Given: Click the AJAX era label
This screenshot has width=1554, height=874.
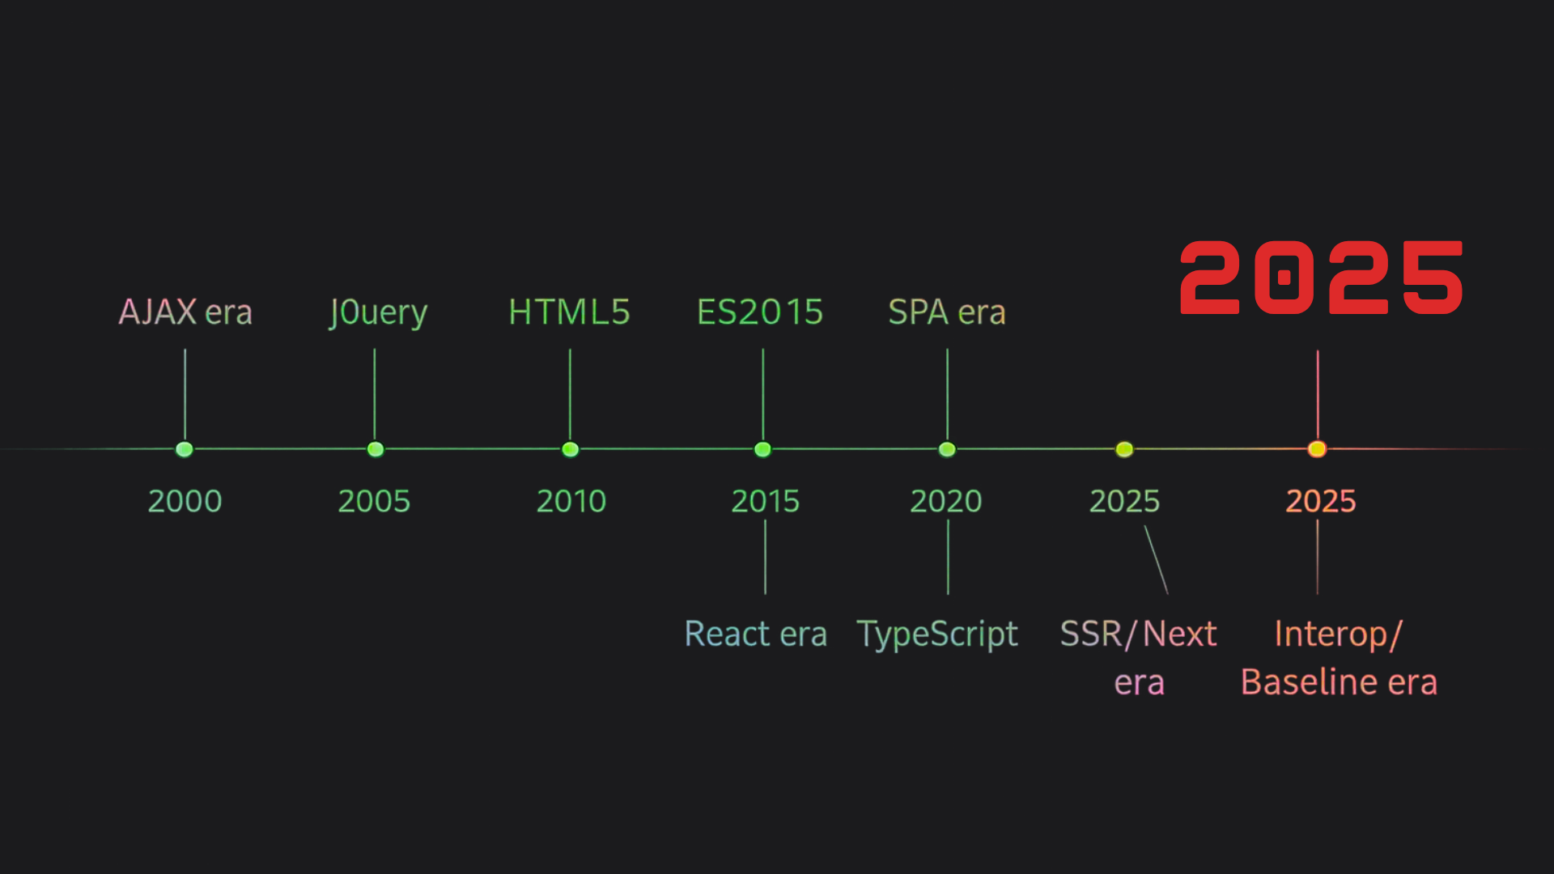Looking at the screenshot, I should tap(185, 312).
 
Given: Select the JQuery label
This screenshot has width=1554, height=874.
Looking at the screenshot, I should tap(378, 313).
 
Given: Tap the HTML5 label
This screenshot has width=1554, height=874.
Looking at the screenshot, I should tap(569, 312).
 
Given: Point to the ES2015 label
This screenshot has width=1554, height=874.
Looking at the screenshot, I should tap(760, 312).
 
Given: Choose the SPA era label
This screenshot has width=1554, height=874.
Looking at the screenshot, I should tap(947, 312).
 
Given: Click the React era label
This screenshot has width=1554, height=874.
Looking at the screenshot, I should tap(756, 634).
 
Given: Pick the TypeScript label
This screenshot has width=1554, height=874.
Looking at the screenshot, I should tap(937, 634).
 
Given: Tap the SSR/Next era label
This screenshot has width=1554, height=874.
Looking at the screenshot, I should tap(1139, 656).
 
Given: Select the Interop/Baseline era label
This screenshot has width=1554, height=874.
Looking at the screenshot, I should tap(1339, 657).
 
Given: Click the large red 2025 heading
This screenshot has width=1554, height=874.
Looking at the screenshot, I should tap(1321, 278).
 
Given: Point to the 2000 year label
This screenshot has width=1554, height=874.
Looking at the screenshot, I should tap(185, 501).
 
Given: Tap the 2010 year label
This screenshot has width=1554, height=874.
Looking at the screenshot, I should tap(571, 501).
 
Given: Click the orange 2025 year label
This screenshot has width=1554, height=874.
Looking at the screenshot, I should tap(1321, 501).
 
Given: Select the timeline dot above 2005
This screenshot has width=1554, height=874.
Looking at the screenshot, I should tap(376, 449).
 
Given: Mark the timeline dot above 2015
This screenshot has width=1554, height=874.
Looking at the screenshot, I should tap(762, 449).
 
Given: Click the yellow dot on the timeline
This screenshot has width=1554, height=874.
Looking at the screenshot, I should tap(1124, 449).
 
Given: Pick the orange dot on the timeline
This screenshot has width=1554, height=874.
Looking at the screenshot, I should tap(1317, 449).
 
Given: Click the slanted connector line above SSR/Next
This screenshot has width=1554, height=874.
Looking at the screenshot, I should tap(1156, 560).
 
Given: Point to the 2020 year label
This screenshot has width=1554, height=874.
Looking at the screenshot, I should tap(946, 501).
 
